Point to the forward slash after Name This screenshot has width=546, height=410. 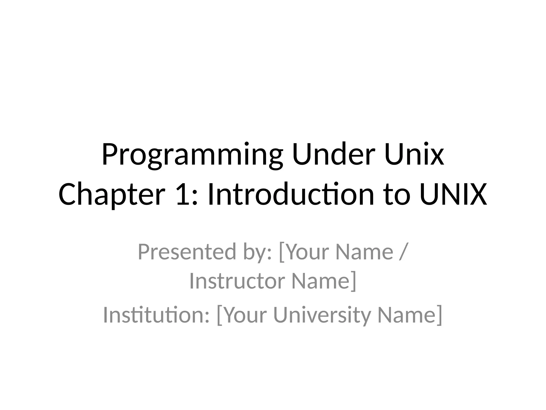point(403,252)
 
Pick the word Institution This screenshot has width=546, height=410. point(156,315)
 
